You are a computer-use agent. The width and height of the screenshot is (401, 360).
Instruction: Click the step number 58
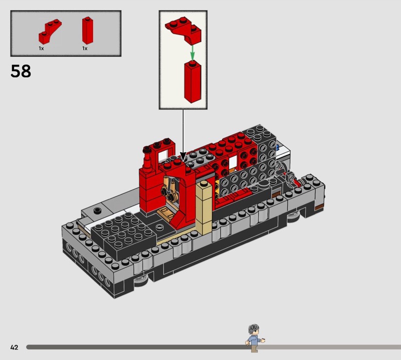click(x=21, y=71)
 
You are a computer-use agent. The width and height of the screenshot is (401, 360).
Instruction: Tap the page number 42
click(x=15, y=347)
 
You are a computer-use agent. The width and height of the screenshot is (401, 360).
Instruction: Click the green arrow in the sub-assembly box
click(x=192, y=53)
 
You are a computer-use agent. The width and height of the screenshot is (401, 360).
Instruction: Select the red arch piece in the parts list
click(x=50, y=31)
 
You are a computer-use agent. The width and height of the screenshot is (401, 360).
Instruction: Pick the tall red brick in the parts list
click(x=87, y=31)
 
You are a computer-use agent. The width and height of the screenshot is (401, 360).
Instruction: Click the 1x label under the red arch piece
click(x=41, y=48)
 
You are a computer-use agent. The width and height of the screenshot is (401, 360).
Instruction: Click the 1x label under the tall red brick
click(x=85, y=48)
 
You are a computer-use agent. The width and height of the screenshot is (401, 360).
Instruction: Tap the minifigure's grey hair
click(x=254, y=329)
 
